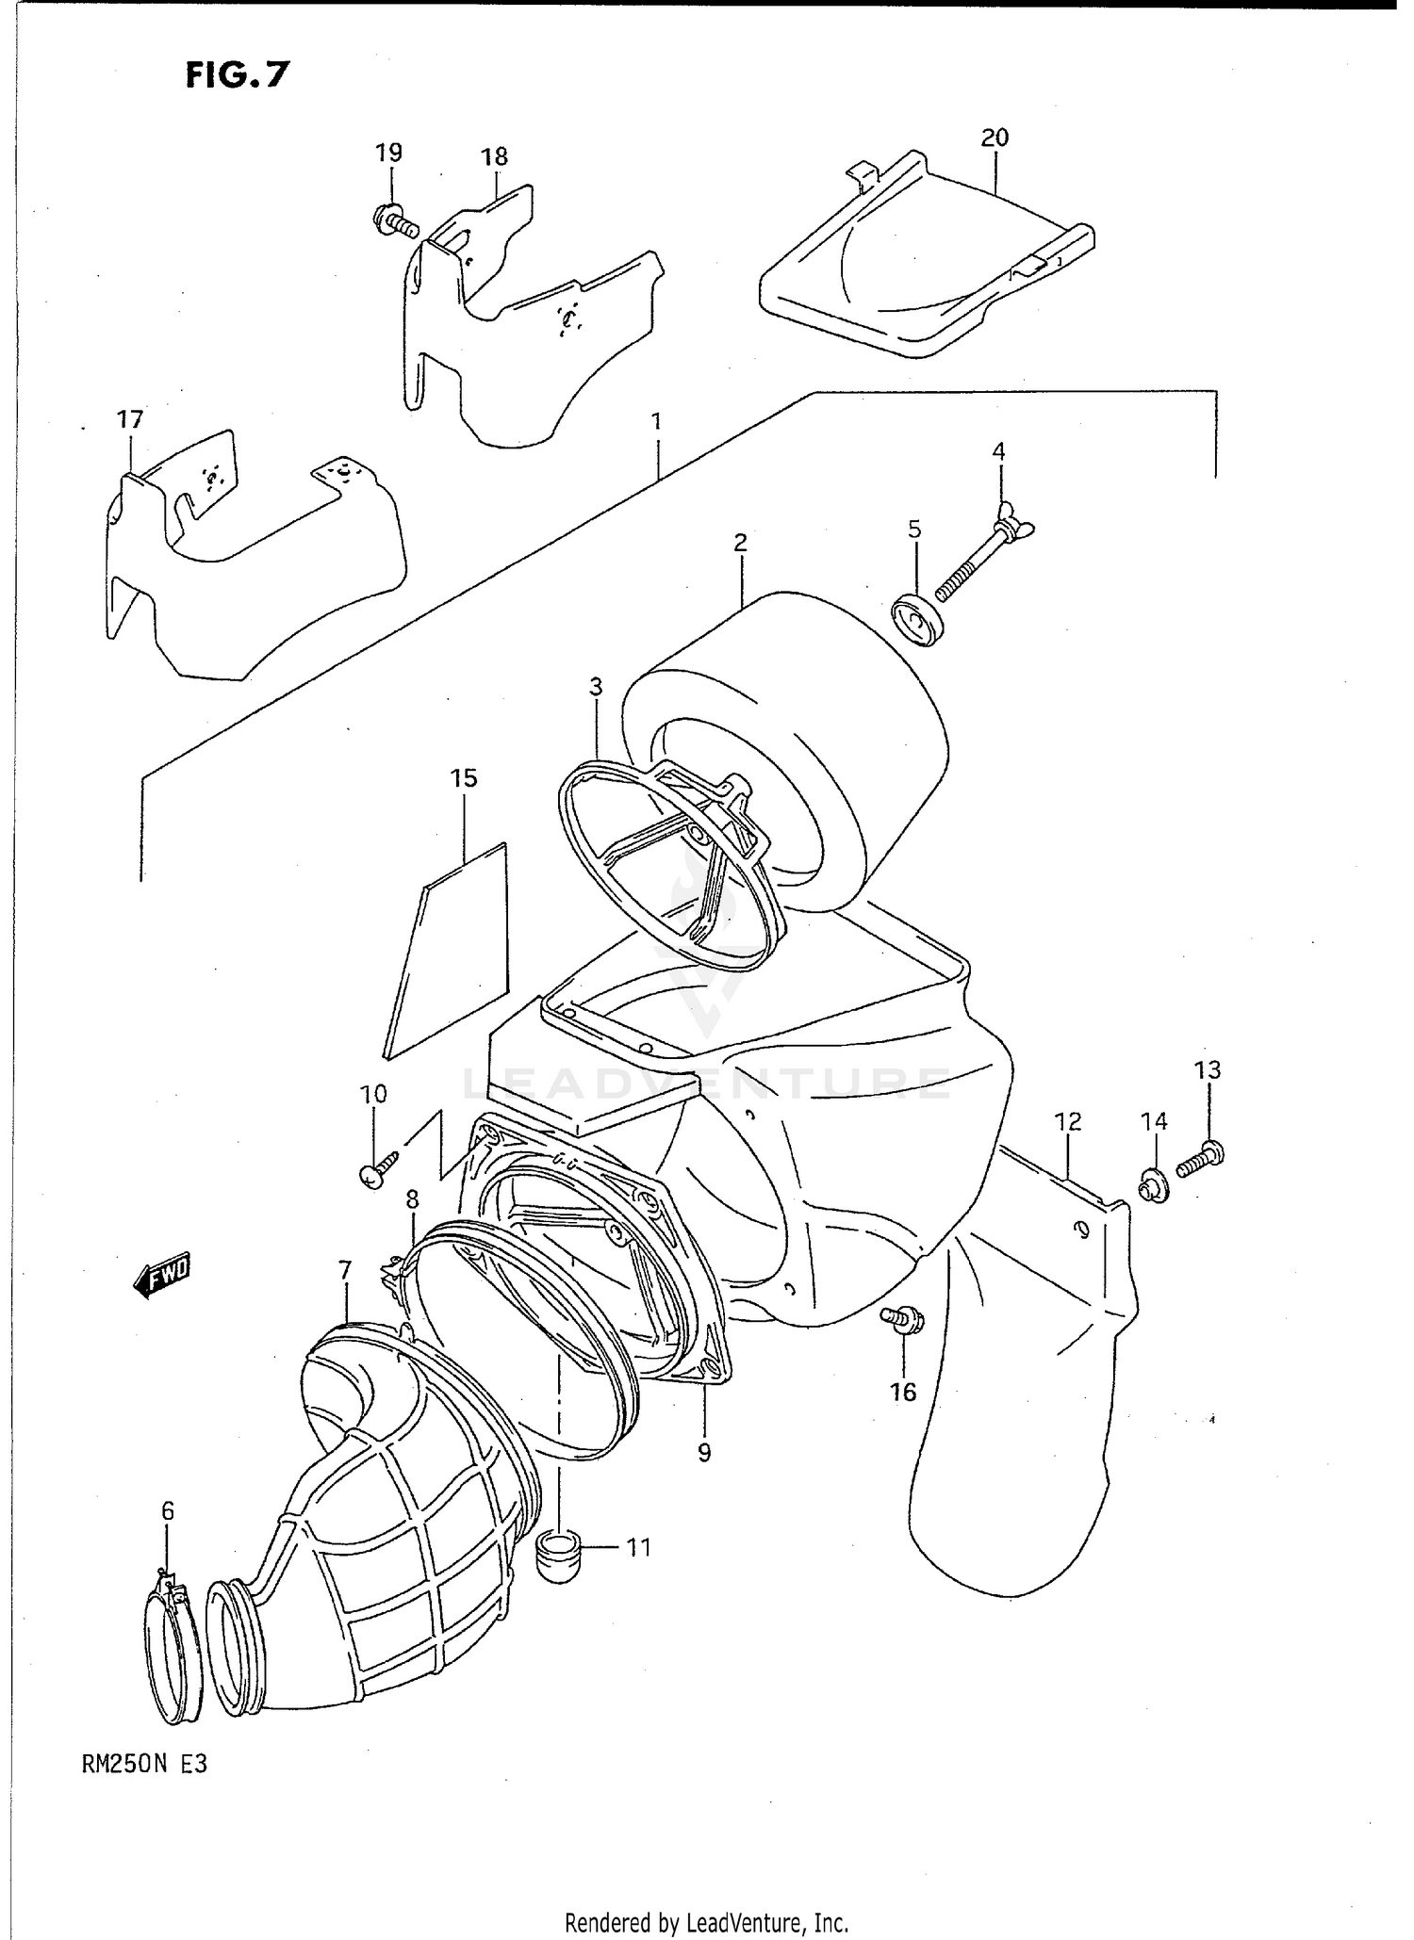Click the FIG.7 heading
tap(237, 74)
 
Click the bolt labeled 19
tap(395, 222)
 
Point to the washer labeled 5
tap(919, 619)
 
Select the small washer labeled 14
tap(1153, 1186)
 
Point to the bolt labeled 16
tap(902, 1321)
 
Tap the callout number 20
tap(995, 138)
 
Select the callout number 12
tap(1067, 1121)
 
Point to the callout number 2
tap(740, 542)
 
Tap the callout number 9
tap(704, 1452)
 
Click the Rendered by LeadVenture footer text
tap(706, 1922)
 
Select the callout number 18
tap(494, 156)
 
